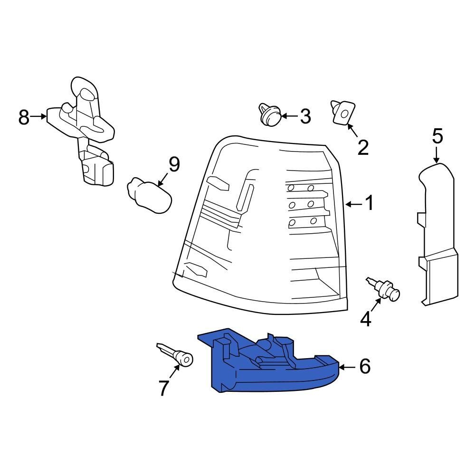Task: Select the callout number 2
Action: (363, 148)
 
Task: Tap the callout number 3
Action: (305, 116)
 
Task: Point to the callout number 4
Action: (366, 319)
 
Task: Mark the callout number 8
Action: (24, 117)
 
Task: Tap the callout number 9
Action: (174, 164)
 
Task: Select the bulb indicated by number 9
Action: (149, 196)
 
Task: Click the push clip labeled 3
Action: (270, 115)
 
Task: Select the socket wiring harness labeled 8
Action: (82, 130)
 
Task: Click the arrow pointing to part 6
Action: (347, 367)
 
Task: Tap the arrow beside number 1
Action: (354, 204)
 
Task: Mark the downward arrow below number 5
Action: (436, 155)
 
